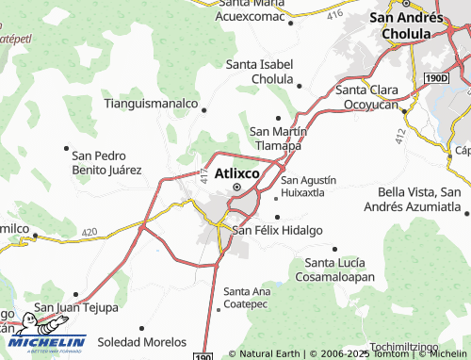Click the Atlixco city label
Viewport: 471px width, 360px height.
[242, 173]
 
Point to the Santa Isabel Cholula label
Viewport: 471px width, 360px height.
[260, 71]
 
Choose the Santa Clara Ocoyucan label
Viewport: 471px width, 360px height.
[369, 97]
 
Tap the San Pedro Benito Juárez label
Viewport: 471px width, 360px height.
[106, 163]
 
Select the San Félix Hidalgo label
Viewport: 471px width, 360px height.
[278, 230]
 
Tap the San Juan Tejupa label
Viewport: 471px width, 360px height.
[76, 307]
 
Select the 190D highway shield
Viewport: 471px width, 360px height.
[436, 80]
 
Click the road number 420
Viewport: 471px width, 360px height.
[89, 231]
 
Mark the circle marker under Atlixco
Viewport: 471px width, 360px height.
[236, 187]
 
